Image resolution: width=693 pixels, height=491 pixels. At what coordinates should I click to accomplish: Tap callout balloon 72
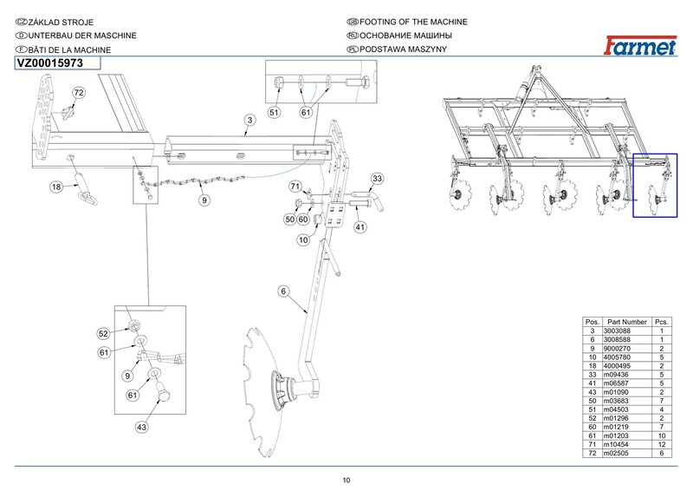click(x=78, y=92)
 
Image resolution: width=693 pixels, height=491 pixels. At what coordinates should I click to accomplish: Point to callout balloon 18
click(x=56, y=187)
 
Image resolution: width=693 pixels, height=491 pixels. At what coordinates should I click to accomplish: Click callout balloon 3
click(x=249, y=120)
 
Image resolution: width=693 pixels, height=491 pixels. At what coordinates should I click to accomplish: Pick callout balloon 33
click(x=377, y=179)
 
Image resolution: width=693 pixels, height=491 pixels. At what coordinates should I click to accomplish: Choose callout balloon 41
click(x=361, y=227)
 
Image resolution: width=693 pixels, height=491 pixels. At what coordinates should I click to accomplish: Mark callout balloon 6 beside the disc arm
click(x=282, y=291)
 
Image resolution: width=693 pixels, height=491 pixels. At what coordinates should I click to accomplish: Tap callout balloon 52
click(x=103, y=333)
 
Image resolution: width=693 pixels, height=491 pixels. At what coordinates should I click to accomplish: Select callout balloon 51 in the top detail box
click(x=274, y=113)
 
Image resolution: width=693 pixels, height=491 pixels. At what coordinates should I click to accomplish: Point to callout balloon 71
click(x=295, y=187)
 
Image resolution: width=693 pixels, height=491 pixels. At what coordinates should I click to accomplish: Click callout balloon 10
click(x=303, y=239)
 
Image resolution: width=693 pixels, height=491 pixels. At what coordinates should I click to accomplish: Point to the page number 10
click(x=346, y=480)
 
